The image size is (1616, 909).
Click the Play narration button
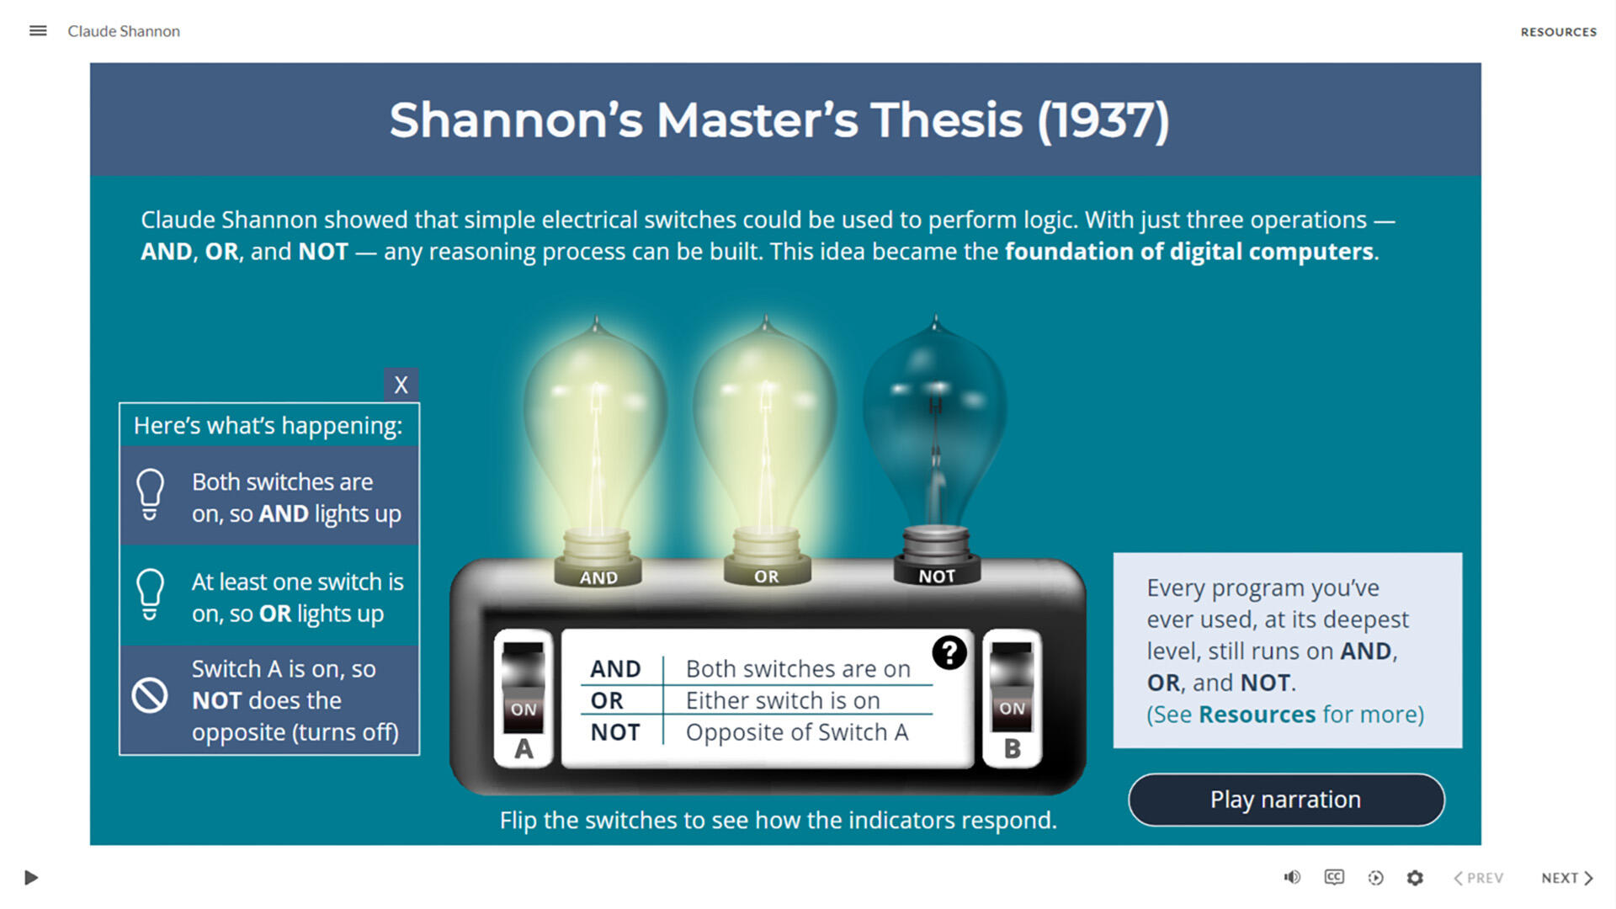pyautogui.click(x=1285, y=800)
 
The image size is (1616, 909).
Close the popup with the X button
pyautogui.click(x=401, y=385)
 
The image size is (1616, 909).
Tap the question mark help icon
pyautogui.click(x=949, y=652)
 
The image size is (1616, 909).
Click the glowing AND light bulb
pyautogui.click(x=596, y=421)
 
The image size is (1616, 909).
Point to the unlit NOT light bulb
pyautogui.click(x=935, y=421)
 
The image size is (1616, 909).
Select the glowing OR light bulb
pyautogui.click(x=765, y=421)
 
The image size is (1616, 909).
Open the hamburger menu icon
pyautogui.click(x=38, y=31)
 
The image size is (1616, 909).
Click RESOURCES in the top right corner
pyautogui.click(x=1558, y=32)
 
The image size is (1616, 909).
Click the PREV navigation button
pyautogui.click(x=1478, y=878)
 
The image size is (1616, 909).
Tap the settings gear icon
pyautogui.click(x=1415, y=878)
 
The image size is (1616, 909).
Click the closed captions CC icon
pyautogui.click(x=1334, y=878)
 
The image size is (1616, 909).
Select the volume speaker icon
pyautogui.click(x=1292, y=878)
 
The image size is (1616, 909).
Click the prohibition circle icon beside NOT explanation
pyautogui.click(x=150, y=696)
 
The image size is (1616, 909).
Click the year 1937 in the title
pyautogui.click(x=1103, y=120)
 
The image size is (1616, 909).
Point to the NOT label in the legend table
pyautogui.click(x=615, y=732)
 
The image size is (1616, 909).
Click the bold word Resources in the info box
pyautogui.click(x=1257, y=715)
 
